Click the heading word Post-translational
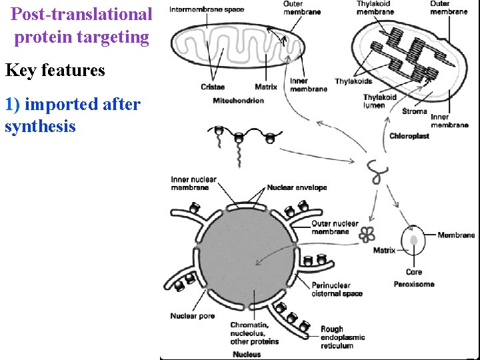coord(81,14)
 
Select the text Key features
coord(55,70)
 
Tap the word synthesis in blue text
coord(40,127)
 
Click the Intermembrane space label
coord(207,10)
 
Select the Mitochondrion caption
coord(238,101)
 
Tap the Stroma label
coord(415,111)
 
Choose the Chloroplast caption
coord(409,136)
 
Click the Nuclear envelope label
coord(297,188)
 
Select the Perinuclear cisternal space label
coord(337,289)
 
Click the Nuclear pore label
coord(193,316)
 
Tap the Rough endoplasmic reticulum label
coord(343,337)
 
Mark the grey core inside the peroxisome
coord(413,241)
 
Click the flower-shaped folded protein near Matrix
coord(366,234)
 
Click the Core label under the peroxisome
coord(413,272)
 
